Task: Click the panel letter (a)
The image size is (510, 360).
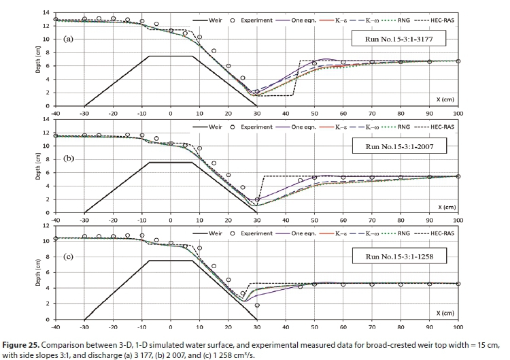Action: (x=68, y=39)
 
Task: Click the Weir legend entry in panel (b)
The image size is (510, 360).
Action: (x=210, y=126)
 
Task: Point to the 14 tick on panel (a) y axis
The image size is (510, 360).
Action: (x=45, y=14)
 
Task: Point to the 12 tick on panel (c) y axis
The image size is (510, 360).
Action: (x=45, y=225)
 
